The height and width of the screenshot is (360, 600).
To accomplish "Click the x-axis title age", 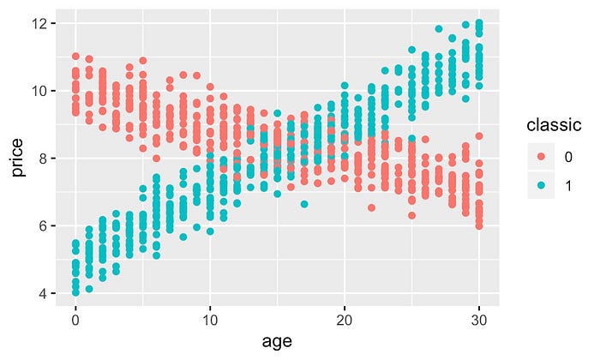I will point(278,340).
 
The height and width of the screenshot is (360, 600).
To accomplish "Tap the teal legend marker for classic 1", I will point(542,187).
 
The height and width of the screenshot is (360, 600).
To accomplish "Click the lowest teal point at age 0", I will point(75,292).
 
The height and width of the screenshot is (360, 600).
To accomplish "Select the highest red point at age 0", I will point(75,57).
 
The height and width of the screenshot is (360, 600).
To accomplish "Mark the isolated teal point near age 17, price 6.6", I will point(304,204).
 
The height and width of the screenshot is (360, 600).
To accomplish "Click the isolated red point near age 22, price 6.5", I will point(371,207).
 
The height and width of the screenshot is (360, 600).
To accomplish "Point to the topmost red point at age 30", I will point(479,136).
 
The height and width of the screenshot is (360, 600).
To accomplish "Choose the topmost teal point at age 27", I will point(439,29).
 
